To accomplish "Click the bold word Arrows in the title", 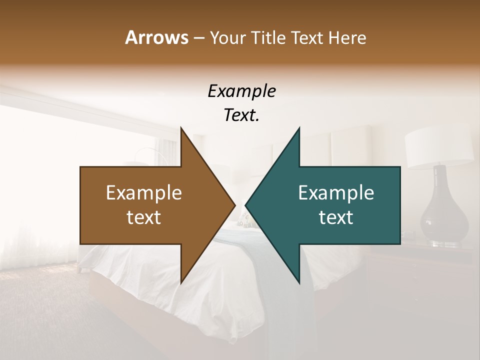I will pyautogui.click(x=156, y=37).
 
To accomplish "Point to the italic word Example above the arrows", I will pyautogui.click(x=241, y=91).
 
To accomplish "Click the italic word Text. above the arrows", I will pyautogui.click(x=241, y=115).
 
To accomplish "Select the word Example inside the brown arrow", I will pyautogui.click(x=144, y=192).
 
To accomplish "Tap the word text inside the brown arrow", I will pyautogui.click(x=144, y=217).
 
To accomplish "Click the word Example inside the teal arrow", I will pyautogui.click(x=336, y=192).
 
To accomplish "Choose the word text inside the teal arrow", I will pyautogui.click(x=336, y=217).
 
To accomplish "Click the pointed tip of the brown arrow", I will pyautogui.click(x=234, y=205).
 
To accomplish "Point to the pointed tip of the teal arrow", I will pyautogui.click(x=246, y=205).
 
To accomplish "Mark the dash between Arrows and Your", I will pyautogui.click(x=198, y=38).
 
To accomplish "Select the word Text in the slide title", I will pyautogui.click(x=308, y=37).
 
